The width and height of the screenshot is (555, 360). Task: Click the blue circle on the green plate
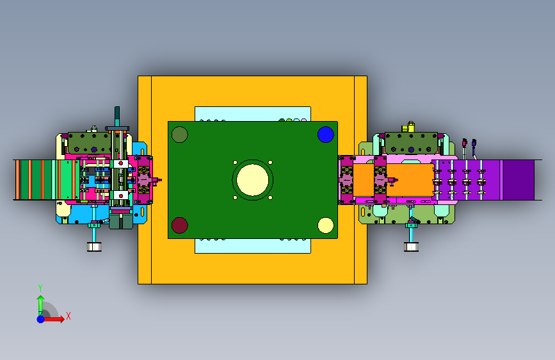tap(326, 135)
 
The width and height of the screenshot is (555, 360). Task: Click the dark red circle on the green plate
tap(179, 225)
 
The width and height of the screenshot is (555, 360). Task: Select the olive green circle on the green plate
tap(179, 135)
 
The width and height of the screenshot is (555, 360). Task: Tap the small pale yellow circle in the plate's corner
tap(326, 225)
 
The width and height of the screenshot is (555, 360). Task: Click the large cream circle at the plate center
tap(252, 180)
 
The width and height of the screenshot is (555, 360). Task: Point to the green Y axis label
tap(40, 288)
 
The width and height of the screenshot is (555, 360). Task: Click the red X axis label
tap(68, 316)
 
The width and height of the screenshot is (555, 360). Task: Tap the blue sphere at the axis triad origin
tap(41, 319)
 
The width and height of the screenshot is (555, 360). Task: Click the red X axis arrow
tap(53, 319)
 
